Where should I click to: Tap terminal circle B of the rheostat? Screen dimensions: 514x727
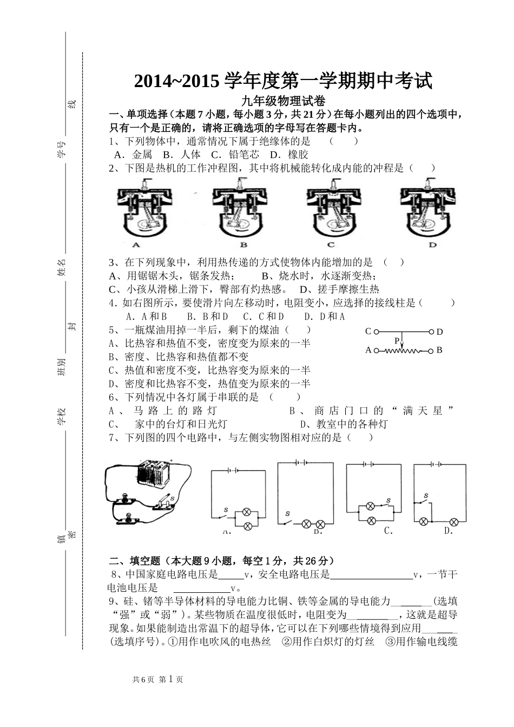(x=431, y=351)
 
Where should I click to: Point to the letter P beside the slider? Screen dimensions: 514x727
(x=397, y=341)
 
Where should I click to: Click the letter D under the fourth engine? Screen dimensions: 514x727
(x=432, y=244)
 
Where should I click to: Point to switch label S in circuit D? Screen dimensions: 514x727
(x=426, y=496)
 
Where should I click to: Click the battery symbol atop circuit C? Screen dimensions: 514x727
(x=370, y=464)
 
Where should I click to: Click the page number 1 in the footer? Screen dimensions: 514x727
(x=170, y=679)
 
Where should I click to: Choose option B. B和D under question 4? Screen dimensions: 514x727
(x=207, y=316)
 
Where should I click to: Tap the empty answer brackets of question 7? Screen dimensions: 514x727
(x=359, y=438)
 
